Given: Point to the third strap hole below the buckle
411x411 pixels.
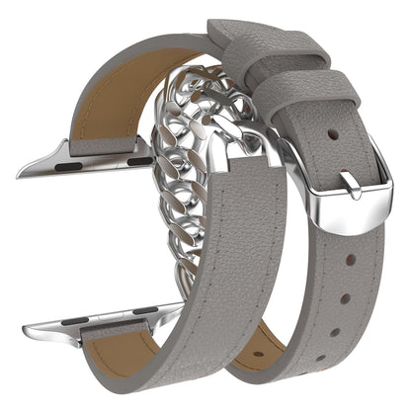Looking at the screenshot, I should pos(336,332).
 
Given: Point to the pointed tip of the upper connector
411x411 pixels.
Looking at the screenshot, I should pos(22,174).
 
